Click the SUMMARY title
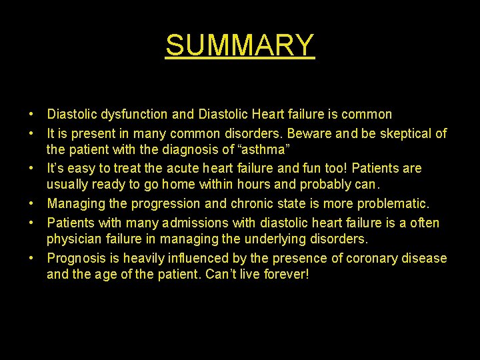pos(240,45)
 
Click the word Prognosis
pos(77,258)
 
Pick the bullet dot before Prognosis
pos(32,258)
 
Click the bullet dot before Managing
pos(32,204)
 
